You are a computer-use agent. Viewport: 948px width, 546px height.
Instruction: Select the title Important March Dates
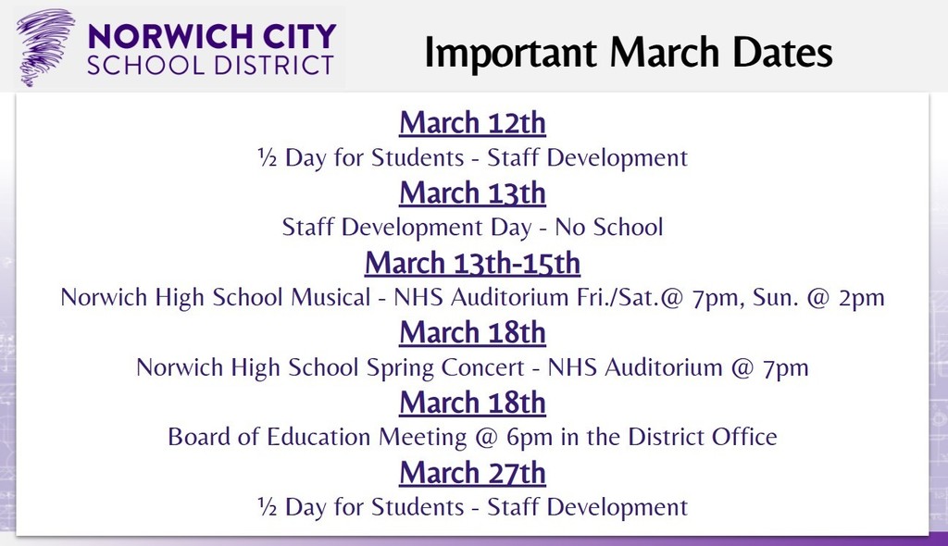pyautogui.click(x=629, y=52)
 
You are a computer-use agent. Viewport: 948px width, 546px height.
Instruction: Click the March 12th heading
pyautogui.click(x=472, y=122)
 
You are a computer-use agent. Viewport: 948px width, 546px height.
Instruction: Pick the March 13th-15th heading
pyautogui.click(x=472, y=263)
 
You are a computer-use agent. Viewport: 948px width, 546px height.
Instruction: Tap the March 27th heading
pyautogui.click(x=472, y=473)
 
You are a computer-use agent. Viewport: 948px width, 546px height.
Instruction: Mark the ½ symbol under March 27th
pyautogui.click(x=267, y=507)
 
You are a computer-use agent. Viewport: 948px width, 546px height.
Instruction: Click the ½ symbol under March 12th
pyautogui.click(x=267, y=157)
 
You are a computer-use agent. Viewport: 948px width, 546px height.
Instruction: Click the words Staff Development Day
pyautogui.click(x=407, y=227)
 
